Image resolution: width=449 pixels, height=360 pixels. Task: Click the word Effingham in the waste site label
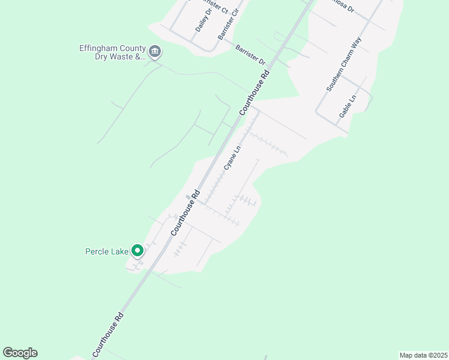[99, 48]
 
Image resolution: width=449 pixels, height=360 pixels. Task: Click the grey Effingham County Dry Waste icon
[155, 52]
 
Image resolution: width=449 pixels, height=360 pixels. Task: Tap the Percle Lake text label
[107, 251]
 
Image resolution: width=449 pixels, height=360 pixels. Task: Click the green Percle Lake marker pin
[137, 251]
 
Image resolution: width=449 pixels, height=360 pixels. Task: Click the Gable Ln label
[348, 106]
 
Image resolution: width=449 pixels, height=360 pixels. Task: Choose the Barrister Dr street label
[250, 54]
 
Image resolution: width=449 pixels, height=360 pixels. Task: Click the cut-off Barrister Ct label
[218, 7]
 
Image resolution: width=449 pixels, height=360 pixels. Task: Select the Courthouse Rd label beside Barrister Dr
[255, 91]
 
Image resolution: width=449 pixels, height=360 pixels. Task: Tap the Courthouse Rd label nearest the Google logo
[108, 335]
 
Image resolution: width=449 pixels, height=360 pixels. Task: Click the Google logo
[20, 353]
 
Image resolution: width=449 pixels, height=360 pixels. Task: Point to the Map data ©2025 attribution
[423, 355]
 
